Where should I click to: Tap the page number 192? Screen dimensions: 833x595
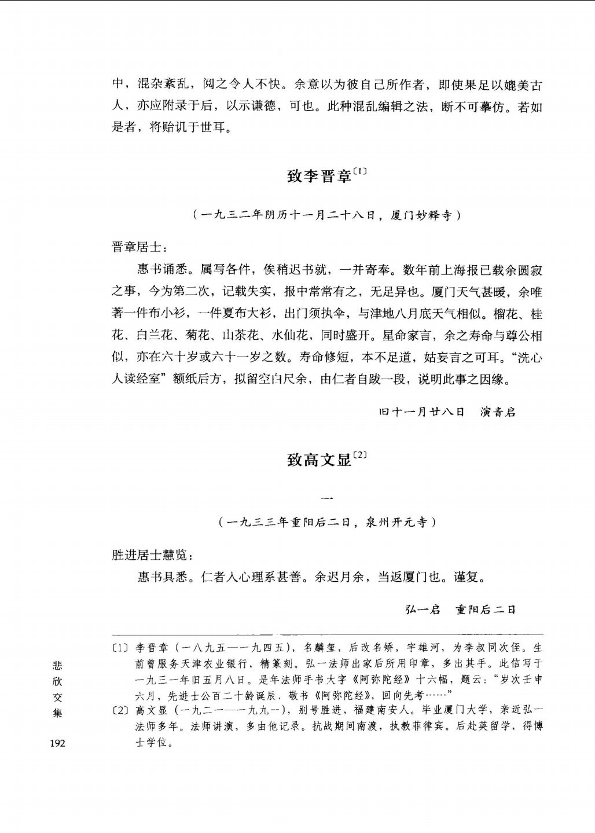pos(58,743)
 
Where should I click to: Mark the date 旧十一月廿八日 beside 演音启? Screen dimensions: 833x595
pos(422,412)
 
